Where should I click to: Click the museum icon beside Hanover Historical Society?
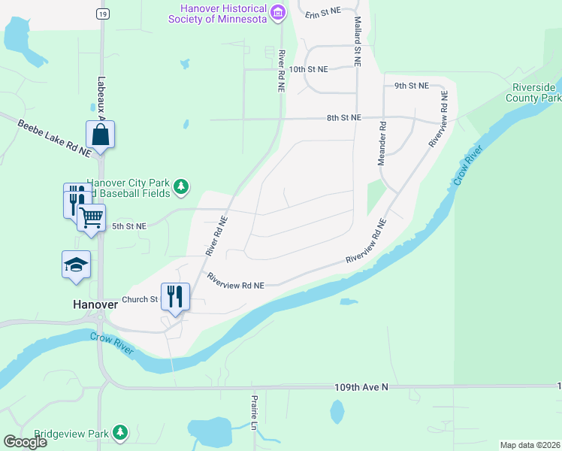[278, 12]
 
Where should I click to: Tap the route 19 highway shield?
[101, 14]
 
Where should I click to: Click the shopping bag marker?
[100, 135]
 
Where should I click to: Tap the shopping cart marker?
[91, 218]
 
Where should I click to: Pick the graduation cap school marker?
[76, 265]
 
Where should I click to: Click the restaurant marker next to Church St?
[174, 295]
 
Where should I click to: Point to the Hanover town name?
[95, 304]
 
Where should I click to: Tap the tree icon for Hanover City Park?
[180, 186]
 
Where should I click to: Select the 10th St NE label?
[309, 69]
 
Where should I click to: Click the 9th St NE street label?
[411, 86]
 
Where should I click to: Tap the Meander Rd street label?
[382, 144]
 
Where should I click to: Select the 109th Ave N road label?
[361, 387]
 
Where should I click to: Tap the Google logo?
[25, 442]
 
